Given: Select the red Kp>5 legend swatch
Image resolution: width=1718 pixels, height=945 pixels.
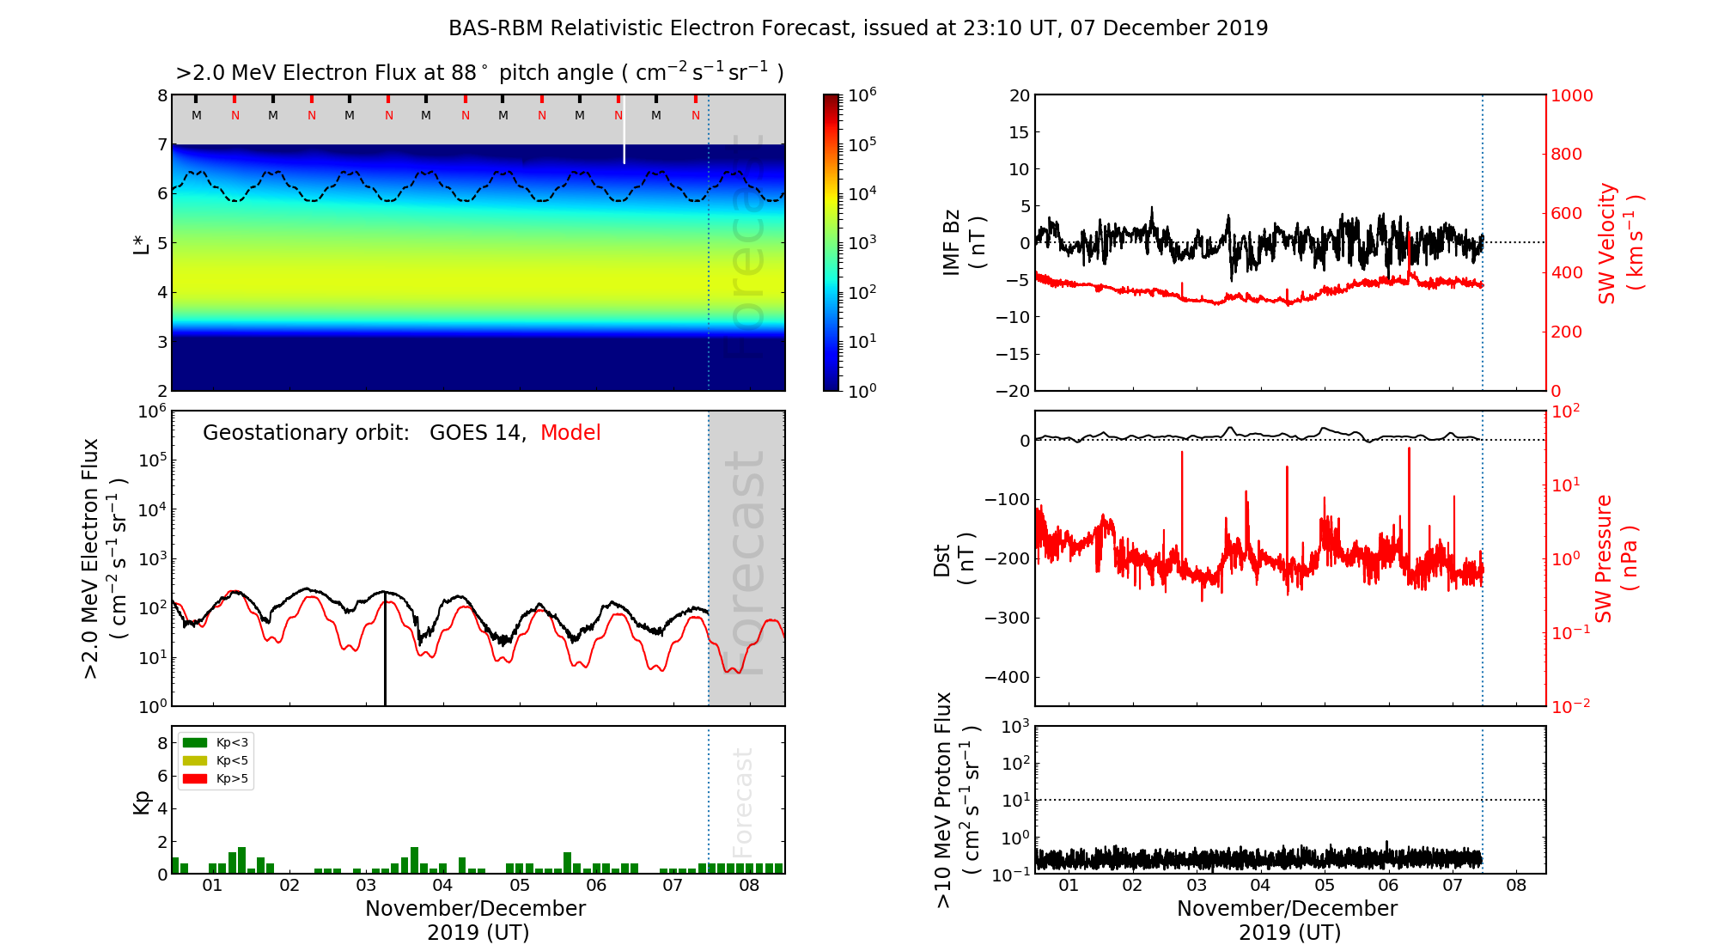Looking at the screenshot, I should pyautogui.click(x=195, y=779).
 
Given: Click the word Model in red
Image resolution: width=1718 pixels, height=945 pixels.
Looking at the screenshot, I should pyautogui.click(x=570, y=433).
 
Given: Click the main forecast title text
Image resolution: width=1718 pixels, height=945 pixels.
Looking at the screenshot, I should pyautogui.click(x=858, y=28).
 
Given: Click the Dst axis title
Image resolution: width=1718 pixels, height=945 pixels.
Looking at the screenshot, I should pyautogui.click(x=953, y=559).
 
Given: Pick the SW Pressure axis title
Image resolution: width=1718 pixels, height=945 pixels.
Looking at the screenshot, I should pyautogui.click(x=1616, y=559).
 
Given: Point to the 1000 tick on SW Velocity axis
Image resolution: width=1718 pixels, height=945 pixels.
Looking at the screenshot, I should pyautogui.click(x=1571, y=95).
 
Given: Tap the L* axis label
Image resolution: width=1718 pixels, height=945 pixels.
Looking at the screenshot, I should pyautogui.click(x=142, y=243).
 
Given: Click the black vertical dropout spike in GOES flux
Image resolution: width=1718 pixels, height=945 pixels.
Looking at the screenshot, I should pyautogui.click(x=385, y=653).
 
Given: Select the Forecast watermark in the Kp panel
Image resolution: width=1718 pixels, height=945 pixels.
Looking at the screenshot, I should pyautogui.click(x=743, y=801).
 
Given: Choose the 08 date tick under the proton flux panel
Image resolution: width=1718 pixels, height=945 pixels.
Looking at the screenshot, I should pyautogui.click(x=1516, y=886).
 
